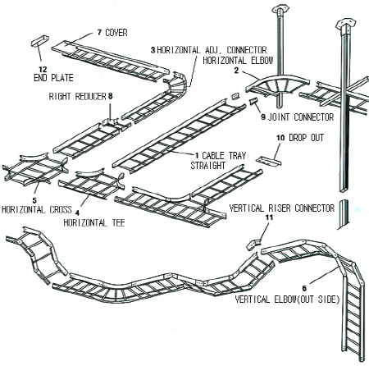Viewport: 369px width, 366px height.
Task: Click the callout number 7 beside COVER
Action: [x=100, y=33]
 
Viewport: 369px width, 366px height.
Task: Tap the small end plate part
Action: [x=40, y=40]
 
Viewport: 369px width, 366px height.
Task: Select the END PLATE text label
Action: [x=53, y=78]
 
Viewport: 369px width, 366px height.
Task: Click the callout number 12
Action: [x=43, y=70]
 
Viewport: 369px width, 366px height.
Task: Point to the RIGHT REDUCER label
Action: [x=77, y=96]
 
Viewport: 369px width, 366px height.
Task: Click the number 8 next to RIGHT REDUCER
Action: [x=110, y=96]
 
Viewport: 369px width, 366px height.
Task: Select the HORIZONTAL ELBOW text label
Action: [x=238, y=60]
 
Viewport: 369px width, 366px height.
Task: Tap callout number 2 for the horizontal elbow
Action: [x=236, y=71]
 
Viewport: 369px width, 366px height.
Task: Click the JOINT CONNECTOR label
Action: [x=301, y=117]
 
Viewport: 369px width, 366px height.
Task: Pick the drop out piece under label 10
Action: [x=269, y=162]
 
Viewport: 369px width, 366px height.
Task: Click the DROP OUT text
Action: [x=307, y=137]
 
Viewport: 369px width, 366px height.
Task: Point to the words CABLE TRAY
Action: [x=224, y=155]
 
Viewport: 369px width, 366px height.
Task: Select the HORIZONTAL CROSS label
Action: [x=37, y=209]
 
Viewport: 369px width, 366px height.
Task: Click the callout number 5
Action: [x=34, y=201]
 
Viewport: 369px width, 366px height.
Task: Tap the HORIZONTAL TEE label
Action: [x=94, y=222]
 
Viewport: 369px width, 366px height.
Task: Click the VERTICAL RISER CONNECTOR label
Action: [x=282, y=208]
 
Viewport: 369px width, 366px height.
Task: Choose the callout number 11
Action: [x=270, y=217]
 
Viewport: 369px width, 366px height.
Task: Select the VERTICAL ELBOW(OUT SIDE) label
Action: [x=287, y=299]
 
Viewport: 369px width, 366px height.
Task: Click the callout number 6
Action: [x=304, y=288]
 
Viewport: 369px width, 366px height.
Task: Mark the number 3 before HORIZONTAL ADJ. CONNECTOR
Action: [x=153, y=50]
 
